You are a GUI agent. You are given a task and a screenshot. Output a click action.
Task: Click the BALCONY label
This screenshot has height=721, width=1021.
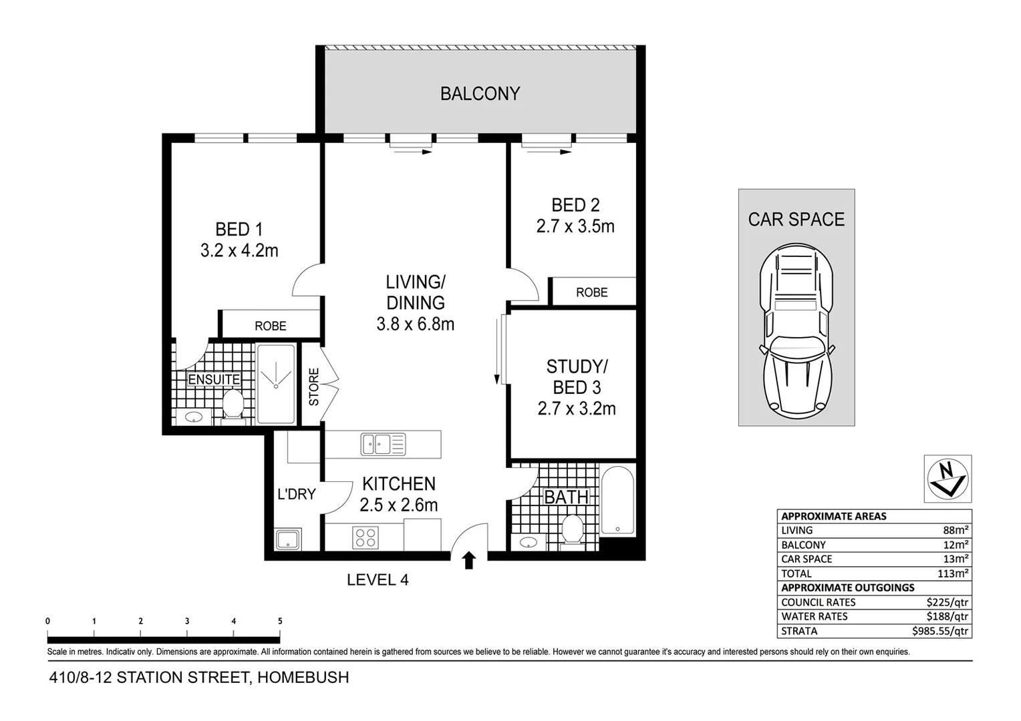pos(480,93)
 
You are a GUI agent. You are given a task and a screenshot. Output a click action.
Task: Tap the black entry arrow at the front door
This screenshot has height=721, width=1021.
pos(468,560)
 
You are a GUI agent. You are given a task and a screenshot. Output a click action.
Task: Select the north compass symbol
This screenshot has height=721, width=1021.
pos(947,479)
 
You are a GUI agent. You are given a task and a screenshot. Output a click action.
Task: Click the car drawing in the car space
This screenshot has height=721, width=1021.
pos(796,331)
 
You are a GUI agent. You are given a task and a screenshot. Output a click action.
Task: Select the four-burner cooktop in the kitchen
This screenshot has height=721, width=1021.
pos(366,537)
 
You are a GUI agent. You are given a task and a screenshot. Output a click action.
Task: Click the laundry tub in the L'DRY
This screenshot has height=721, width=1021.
pos(288,539)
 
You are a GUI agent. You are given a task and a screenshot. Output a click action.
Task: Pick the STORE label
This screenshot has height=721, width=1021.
pos(313,387)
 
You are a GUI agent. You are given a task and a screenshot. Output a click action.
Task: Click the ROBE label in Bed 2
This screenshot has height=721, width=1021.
pos(591,292)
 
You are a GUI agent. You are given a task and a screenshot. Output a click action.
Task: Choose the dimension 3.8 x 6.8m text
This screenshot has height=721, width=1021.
pos(415,324)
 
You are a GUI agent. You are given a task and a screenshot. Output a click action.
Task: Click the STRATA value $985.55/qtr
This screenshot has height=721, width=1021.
pos(939,631)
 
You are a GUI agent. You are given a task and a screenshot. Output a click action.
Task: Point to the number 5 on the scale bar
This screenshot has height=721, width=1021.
pos(280,621)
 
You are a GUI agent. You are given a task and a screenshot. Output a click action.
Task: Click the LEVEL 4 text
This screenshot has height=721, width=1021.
pos(378,580)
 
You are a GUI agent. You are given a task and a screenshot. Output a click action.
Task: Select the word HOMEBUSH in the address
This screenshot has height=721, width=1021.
pos(303,678)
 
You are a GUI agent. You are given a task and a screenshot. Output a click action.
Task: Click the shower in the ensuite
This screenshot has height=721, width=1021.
pos(275,384)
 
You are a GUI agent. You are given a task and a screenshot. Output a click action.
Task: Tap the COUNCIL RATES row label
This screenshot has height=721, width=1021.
pos(818,602)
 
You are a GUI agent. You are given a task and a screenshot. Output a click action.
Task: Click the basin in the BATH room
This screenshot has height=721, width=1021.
pos(528,542)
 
